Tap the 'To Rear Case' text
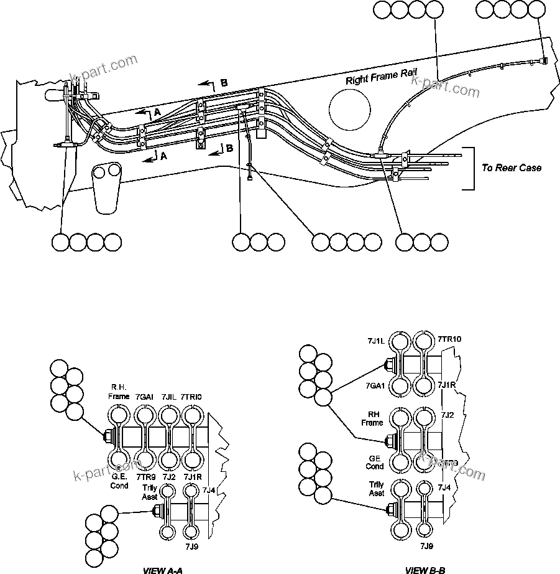(x=512, y=168)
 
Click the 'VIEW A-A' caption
(x=163, y=570)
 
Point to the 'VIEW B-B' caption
(x=425, y=570)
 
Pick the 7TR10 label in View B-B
(x=449, y=339)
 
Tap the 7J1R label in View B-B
(x=448, y=385)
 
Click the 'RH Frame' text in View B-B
(x=372, y=418)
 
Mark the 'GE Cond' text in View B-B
(x=374, y=461)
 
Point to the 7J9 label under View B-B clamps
(x=426, y=546)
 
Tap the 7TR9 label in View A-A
(x=144, y=477)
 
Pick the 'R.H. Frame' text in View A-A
(x=119, y=390)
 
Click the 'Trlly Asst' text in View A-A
(x=149, y=492)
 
